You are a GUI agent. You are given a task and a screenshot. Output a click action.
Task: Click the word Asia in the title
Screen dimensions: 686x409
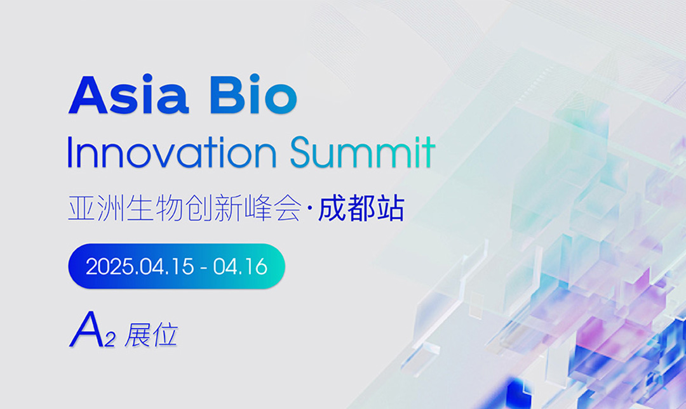point(128,94)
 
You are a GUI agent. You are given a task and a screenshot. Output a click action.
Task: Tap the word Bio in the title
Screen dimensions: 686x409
point(253,94)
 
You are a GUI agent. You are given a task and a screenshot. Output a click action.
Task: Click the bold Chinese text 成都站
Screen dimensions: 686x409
point(361,209)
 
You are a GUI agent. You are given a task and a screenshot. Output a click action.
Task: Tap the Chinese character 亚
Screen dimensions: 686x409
point(82,209)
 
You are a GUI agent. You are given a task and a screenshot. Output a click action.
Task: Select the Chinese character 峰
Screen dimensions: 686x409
point(258,209)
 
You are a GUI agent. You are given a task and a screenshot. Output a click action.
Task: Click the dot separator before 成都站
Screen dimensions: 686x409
point(310,209)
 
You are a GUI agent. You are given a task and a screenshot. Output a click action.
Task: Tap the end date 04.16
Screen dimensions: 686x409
point(239,266)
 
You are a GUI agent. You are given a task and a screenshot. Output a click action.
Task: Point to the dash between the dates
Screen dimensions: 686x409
point(203,268)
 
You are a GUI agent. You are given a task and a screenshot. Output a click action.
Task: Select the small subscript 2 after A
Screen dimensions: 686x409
point(110,339)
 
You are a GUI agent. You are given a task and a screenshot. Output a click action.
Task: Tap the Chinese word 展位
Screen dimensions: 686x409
point(151,335)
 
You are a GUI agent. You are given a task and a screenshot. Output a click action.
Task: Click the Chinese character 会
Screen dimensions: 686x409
point(288,209)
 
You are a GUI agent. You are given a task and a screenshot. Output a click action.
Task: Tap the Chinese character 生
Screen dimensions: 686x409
point(140,209)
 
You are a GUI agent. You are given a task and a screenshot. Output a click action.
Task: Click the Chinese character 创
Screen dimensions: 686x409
point(199,209)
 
